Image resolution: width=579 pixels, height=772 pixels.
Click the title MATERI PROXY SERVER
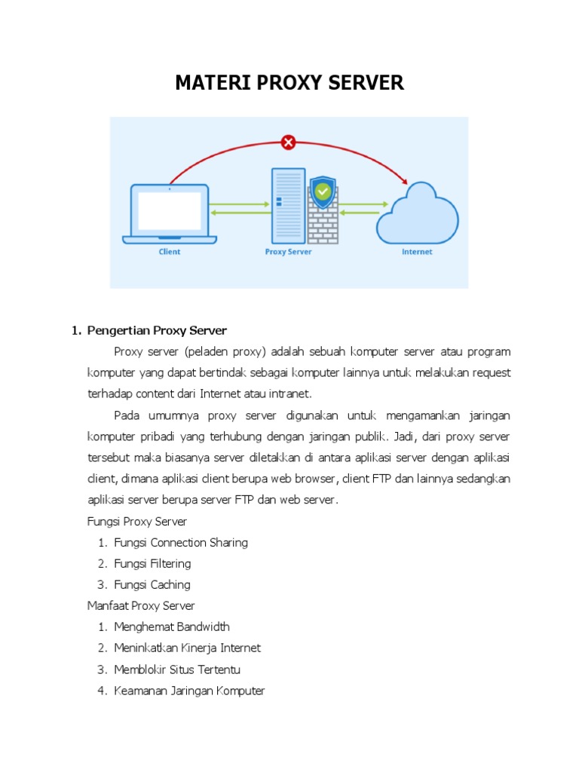289,83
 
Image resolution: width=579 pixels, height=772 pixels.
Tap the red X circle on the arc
288,141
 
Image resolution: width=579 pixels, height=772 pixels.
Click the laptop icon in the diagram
170,213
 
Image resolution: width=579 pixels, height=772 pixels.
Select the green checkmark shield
323,192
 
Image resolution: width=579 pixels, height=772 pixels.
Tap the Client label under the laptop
170,252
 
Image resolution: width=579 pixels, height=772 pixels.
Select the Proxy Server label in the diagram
288,252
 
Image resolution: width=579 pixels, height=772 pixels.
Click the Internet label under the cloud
417,252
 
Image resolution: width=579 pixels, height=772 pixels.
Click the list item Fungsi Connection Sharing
181,542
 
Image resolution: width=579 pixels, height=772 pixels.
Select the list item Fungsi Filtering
152,563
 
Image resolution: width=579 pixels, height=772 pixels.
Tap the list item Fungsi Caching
152,584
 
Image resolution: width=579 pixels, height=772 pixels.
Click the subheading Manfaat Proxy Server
141,605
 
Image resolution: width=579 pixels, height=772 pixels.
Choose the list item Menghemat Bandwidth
172,626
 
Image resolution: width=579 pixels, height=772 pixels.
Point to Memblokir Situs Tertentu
177,669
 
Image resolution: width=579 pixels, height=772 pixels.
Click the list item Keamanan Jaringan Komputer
189,691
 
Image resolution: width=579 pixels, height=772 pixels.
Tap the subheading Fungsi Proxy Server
137,521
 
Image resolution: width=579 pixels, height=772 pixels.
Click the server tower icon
288,205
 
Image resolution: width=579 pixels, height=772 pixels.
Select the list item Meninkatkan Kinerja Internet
188,648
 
